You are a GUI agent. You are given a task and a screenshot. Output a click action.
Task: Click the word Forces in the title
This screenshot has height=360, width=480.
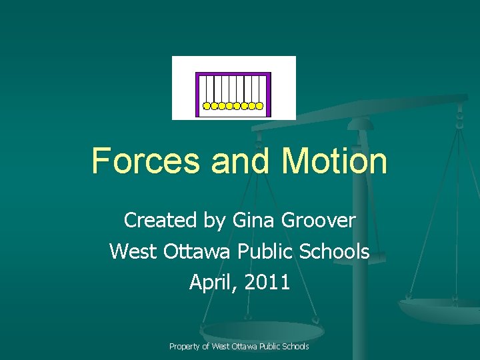point(145,161)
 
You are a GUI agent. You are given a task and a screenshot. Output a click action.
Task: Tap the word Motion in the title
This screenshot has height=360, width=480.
point(334,161)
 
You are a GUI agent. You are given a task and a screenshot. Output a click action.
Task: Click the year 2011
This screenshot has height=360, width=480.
point(267,283)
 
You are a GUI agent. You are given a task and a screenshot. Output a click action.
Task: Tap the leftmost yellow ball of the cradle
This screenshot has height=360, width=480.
point(207,105)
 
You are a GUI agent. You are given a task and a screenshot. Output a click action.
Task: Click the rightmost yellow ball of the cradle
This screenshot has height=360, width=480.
point(260,105)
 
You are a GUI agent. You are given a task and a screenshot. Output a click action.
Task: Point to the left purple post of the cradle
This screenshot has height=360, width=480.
point(197,93)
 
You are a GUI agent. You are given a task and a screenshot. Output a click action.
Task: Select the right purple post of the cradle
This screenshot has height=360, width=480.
point(269,93)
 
